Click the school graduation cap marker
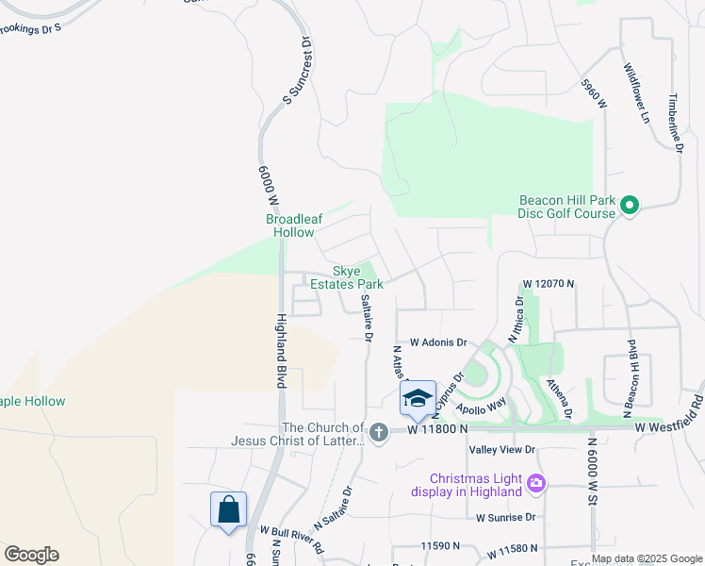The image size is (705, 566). pos(418,398)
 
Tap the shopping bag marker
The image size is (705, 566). pos(228,510)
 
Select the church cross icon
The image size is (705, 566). pos(379,433)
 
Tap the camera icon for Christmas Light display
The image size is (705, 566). pos(536,484)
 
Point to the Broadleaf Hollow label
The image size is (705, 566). pos(294,225)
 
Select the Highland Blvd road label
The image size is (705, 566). pos(280,350)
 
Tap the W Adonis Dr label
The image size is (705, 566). pos(438,342)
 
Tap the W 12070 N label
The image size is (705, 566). pos(548,283)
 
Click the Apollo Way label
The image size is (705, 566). pos(482,405)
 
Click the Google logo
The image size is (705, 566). pos(31,555)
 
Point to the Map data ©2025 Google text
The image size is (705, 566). pos(646,559)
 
